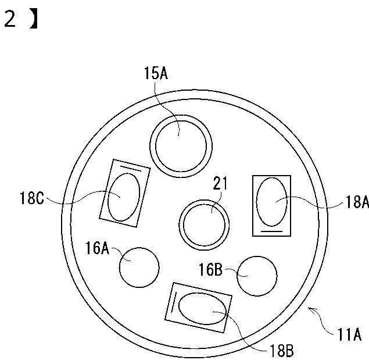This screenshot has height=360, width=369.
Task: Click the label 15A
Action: click(x=156, y=73)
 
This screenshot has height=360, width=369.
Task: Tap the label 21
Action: click(x=220, y=183)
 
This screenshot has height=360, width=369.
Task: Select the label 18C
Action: click(x=32, y=198)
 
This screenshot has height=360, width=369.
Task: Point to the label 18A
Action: click(x=357, y=202)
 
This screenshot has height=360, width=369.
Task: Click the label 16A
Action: click(x=97, y=248)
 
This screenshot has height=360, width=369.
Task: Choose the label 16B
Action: click(x=210, y=269)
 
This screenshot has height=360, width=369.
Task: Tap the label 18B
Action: click(x=281, y=351)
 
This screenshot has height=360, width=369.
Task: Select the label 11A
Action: click(x=349, y=334)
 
